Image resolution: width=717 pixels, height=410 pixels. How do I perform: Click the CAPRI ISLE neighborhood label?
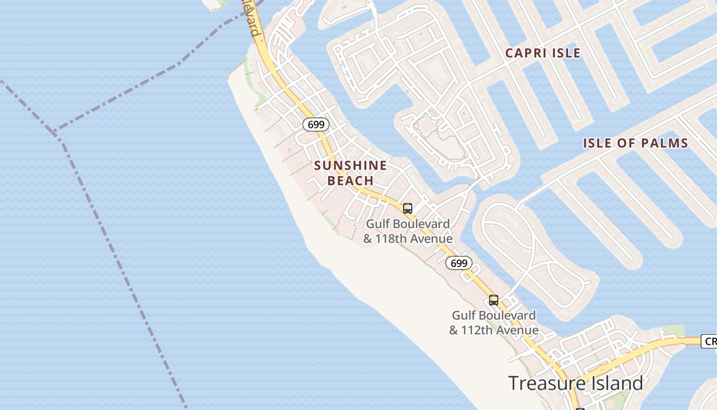543,53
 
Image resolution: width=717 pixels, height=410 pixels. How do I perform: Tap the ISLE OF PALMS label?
636,143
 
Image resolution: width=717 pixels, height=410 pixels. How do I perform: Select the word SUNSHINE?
351,166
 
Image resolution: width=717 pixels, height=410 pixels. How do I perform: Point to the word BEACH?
351,181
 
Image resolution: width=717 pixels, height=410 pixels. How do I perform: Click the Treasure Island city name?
575,383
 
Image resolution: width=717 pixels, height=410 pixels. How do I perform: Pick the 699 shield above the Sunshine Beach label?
316,124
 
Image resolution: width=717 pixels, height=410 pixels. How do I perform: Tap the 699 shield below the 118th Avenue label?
459,263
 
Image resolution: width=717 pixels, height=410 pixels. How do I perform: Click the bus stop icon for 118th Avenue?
408,208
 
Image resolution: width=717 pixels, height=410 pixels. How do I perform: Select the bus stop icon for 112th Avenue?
494,300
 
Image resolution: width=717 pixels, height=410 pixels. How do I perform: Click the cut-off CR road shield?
709,341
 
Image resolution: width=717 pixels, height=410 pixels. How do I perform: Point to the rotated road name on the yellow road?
252,18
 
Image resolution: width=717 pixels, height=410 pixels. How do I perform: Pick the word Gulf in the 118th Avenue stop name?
377,224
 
